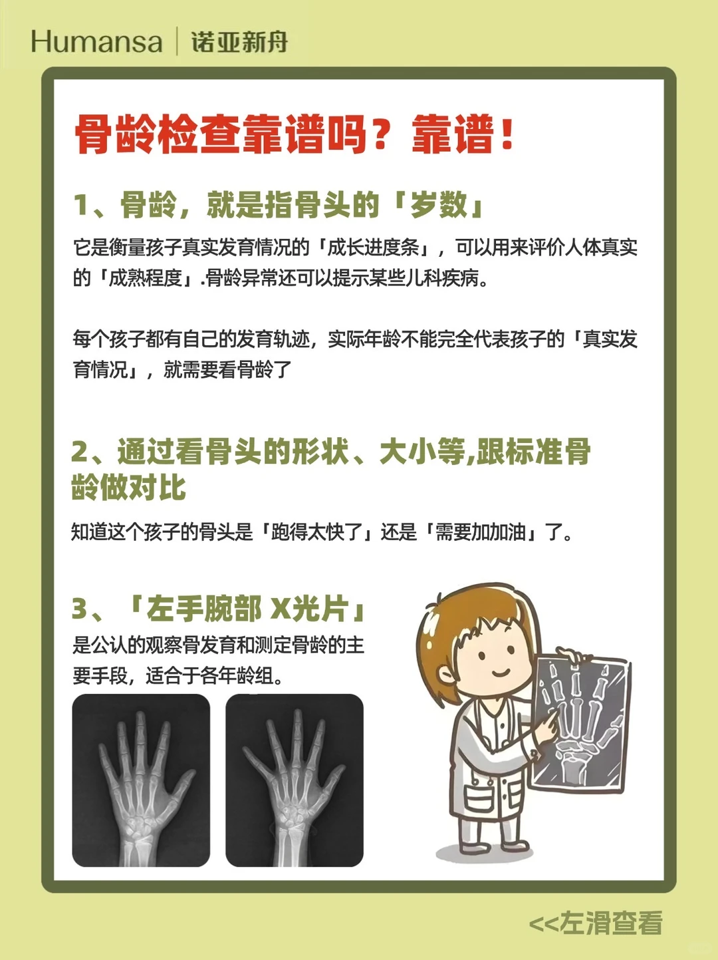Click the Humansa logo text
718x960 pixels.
(96, 42)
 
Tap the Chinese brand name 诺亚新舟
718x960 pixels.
(239, 42)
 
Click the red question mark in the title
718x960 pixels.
(381, 134)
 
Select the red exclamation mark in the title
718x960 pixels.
(507, 132)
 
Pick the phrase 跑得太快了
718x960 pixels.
(316, 532)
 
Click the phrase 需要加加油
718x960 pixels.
(480, 532)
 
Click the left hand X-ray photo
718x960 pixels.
(141, 780)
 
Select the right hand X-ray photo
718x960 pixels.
(295, 780)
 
